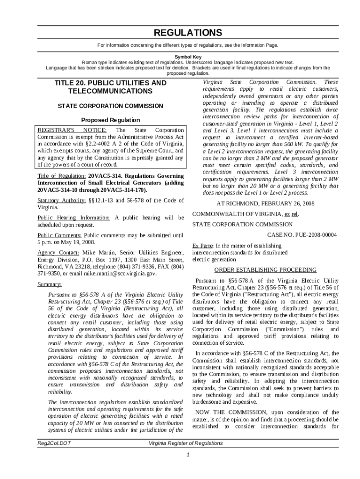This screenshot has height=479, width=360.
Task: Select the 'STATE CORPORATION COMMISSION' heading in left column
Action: click(x=110, y=106)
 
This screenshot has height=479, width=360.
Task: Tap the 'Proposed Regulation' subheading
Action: click(x=110, y=120)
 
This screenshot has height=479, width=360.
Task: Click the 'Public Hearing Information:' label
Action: click(x=74, y=218)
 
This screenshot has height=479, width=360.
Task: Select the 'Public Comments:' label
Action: click(x=60, y=235)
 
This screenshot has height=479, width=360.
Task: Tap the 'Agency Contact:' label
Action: click(x=58, y=253)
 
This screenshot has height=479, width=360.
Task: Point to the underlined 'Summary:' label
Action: click(x=49, y=284)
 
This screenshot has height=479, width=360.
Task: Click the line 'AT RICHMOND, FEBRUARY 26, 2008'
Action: click(x=265, y=203)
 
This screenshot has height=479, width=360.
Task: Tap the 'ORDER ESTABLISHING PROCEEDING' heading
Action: click(x=265, y=270)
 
